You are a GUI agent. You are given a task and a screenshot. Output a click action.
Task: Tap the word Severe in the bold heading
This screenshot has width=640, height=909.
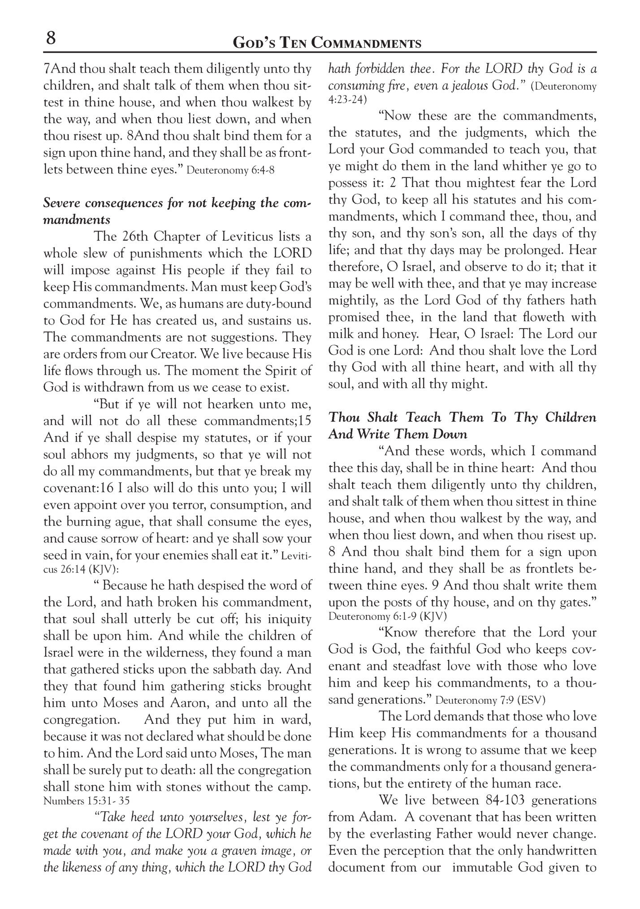tap(62, 203)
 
